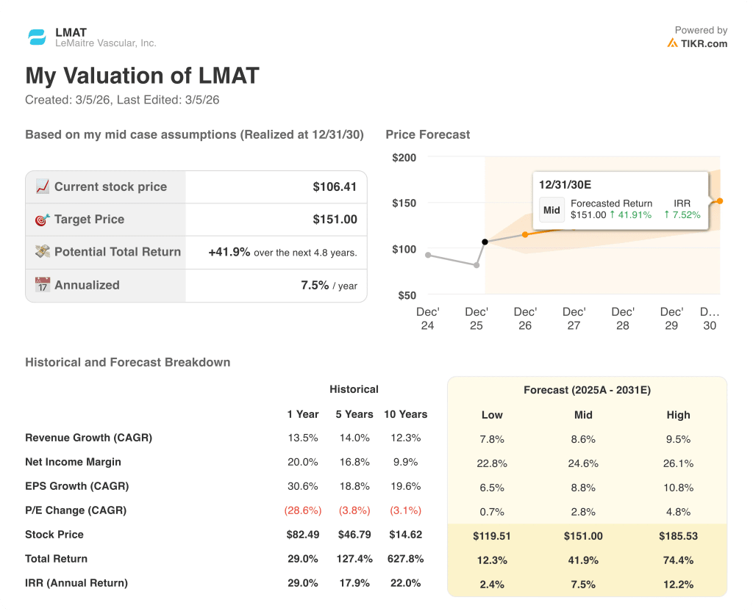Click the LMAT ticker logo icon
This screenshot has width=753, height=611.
click(37, 37)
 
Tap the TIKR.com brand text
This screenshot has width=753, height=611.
click(704, 43)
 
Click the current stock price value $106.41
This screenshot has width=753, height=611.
click(335, 187)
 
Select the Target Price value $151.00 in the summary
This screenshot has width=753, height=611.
click(335, 220)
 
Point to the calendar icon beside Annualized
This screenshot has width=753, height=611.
click(43, 285)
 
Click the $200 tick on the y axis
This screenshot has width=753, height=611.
click(404, 157)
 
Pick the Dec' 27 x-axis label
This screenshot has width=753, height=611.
click(574, 318)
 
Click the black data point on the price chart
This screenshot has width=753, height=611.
click(485, 242)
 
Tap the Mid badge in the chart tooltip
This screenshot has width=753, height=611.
click(552, 209)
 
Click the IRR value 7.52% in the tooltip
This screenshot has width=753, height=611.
click(682, 215)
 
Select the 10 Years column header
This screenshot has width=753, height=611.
click(405, 414)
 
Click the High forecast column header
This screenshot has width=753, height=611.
click(678, 415)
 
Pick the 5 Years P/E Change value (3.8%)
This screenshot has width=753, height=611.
click(354, 510)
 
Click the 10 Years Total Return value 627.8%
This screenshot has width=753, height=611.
click(405, 559)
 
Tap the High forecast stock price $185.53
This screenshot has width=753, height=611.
click(678, 536)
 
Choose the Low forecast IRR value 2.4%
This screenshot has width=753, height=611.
click(492, 585)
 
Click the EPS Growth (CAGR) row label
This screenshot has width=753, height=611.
click(76, 486)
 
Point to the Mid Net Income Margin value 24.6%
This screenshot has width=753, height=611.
click(583, 463)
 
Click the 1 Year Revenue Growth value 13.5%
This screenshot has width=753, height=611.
click(302, 438)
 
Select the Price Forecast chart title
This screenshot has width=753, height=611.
click(427, 134)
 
